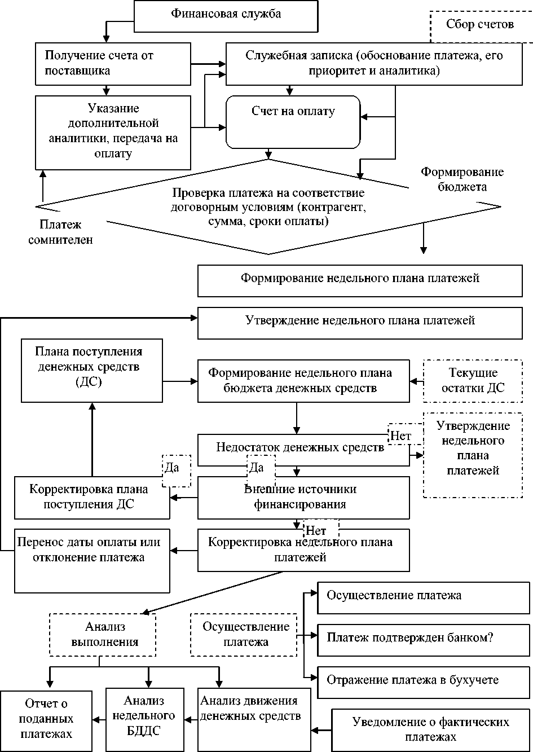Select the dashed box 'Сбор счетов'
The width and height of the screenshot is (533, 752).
tap(479, 25)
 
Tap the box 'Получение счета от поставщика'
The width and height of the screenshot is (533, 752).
tap(113, 63)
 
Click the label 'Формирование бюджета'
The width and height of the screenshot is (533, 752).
tap(462, 179)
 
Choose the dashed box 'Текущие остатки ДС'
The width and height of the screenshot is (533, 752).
tap(473, 381)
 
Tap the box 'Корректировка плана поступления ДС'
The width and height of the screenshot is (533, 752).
tap(92, 497)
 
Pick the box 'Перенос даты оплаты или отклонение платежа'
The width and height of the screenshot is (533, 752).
tap(92, 560)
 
